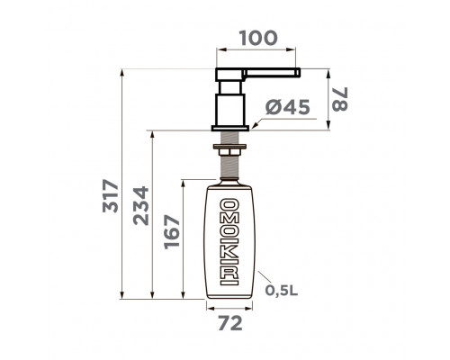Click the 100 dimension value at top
258,38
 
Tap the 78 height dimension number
340,99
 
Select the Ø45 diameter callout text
287,107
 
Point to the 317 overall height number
111,195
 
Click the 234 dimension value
140,206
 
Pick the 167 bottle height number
172,231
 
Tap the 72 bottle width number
230,323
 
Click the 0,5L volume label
282,290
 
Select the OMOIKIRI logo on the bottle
229,241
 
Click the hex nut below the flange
229,152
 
